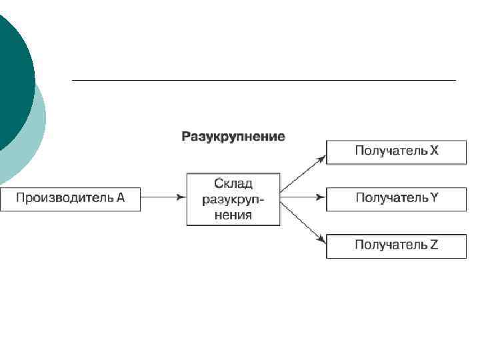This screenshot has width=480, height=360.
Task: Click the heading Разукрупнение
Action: point(233,137)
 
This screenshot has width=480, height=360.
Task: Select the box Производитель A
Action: point(70,198)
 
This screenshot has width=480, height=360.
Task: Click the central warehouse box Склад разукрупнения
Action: point(233,199)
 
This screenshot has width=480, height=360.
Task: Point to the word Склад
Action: point(233,183)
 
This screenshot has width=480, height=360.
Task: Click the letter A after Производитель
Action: point(121,197)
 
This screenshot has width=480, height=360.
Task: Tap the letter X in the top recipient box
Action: point(434,151)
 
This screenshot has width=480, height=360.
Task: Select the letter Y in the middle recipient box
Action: point(434,197)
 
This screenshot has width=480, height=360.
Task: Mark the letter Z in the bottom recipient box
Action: point(434,245)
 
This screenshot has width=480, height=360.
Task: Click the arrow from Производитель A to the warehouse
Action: point(163,197)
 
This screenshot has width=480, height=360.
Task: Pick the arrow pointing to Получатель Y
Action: point(303,197)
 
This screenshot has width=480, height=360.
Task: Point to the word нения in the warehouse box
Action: point(233,215)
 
